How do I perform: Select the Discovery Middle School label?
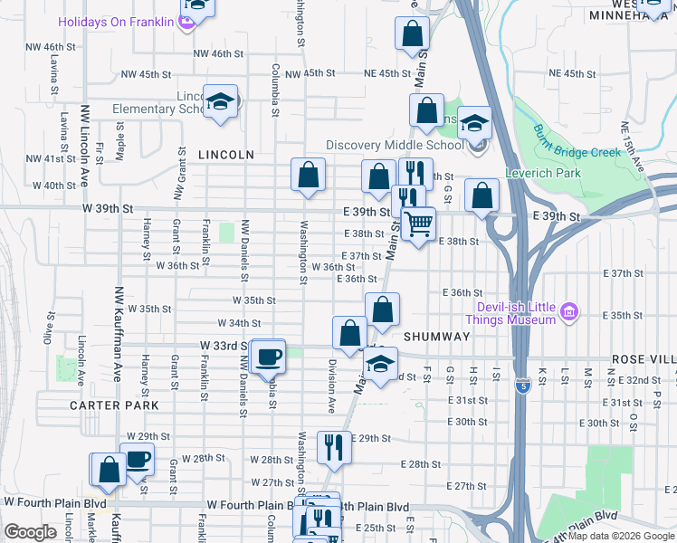pyautogui.click(x=395, y=145)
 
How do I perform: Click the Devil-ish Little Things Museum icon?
pyautogui.click(x=569, y=313)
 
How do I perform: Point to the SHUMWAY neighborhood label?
pyautogui.click(x=436, y=337)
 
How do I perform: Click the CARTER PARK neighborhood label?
pyautogui.click(x=114, y=405)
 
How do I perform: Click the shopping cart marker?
pyautogui.click(x=418, y=224)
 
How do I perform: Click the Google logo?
pyautogui.click(x=30, y=531)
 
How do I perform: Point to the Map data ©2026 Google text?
pyautogui.click(x=620, y=536)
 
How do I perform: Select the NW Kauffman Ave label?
pyautogui.click(x=118, y=335)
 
